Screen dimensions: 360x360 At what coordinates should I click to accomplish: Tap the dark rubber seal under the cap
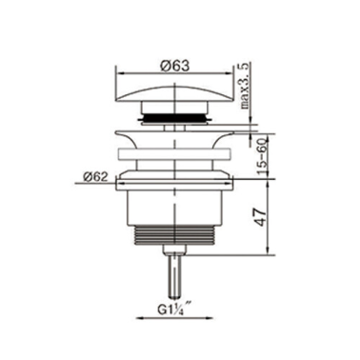coord(172,116)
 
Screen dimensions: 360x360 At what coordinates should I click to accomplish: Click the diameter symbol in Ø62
coord(89,175)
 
